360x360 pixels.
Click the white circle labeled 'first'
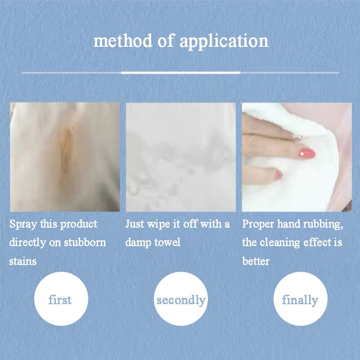click(61, 300)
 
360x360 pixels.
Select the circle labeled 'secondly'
click(181, 300)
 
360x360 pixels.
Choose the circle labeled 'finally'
click(300, 300)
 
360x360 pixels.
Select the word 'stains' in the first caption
click(23, 261)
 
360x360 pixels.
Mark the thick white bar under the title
click(180, 72)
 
